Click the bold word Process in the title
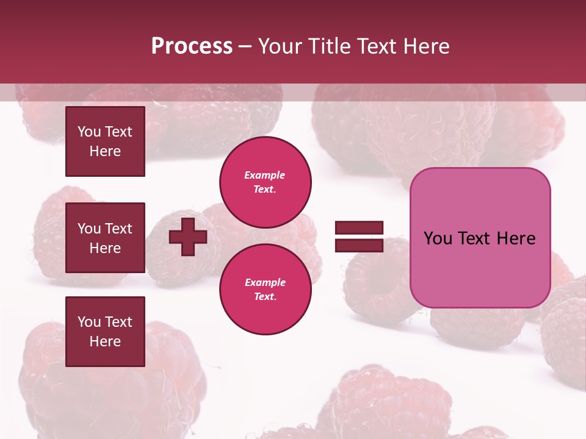click(192, 46)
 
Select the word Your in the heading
click(281, 46)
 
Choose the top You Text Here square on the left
click(105, 141)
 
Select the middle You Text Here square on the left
click(105, 238)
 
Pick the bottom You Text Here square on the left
click(105, 332)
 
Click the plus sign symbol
click(188, 237)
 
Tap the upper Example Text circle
click(265, 182)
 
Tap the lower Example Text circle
click(265, 290)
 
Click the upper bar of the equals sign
click(359, 228)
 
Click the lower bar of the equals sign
click(359, 245)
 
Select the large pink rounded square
click(480, 238)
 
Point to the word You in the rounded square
click(438, 238)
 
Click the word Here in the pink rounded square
click(516, 238)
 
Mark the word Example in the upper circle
click(265, 175)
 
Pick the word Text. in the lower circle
click(265, 297)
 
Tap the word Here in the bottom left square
click(105, 341)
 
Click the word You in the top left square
click(89, 132)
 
